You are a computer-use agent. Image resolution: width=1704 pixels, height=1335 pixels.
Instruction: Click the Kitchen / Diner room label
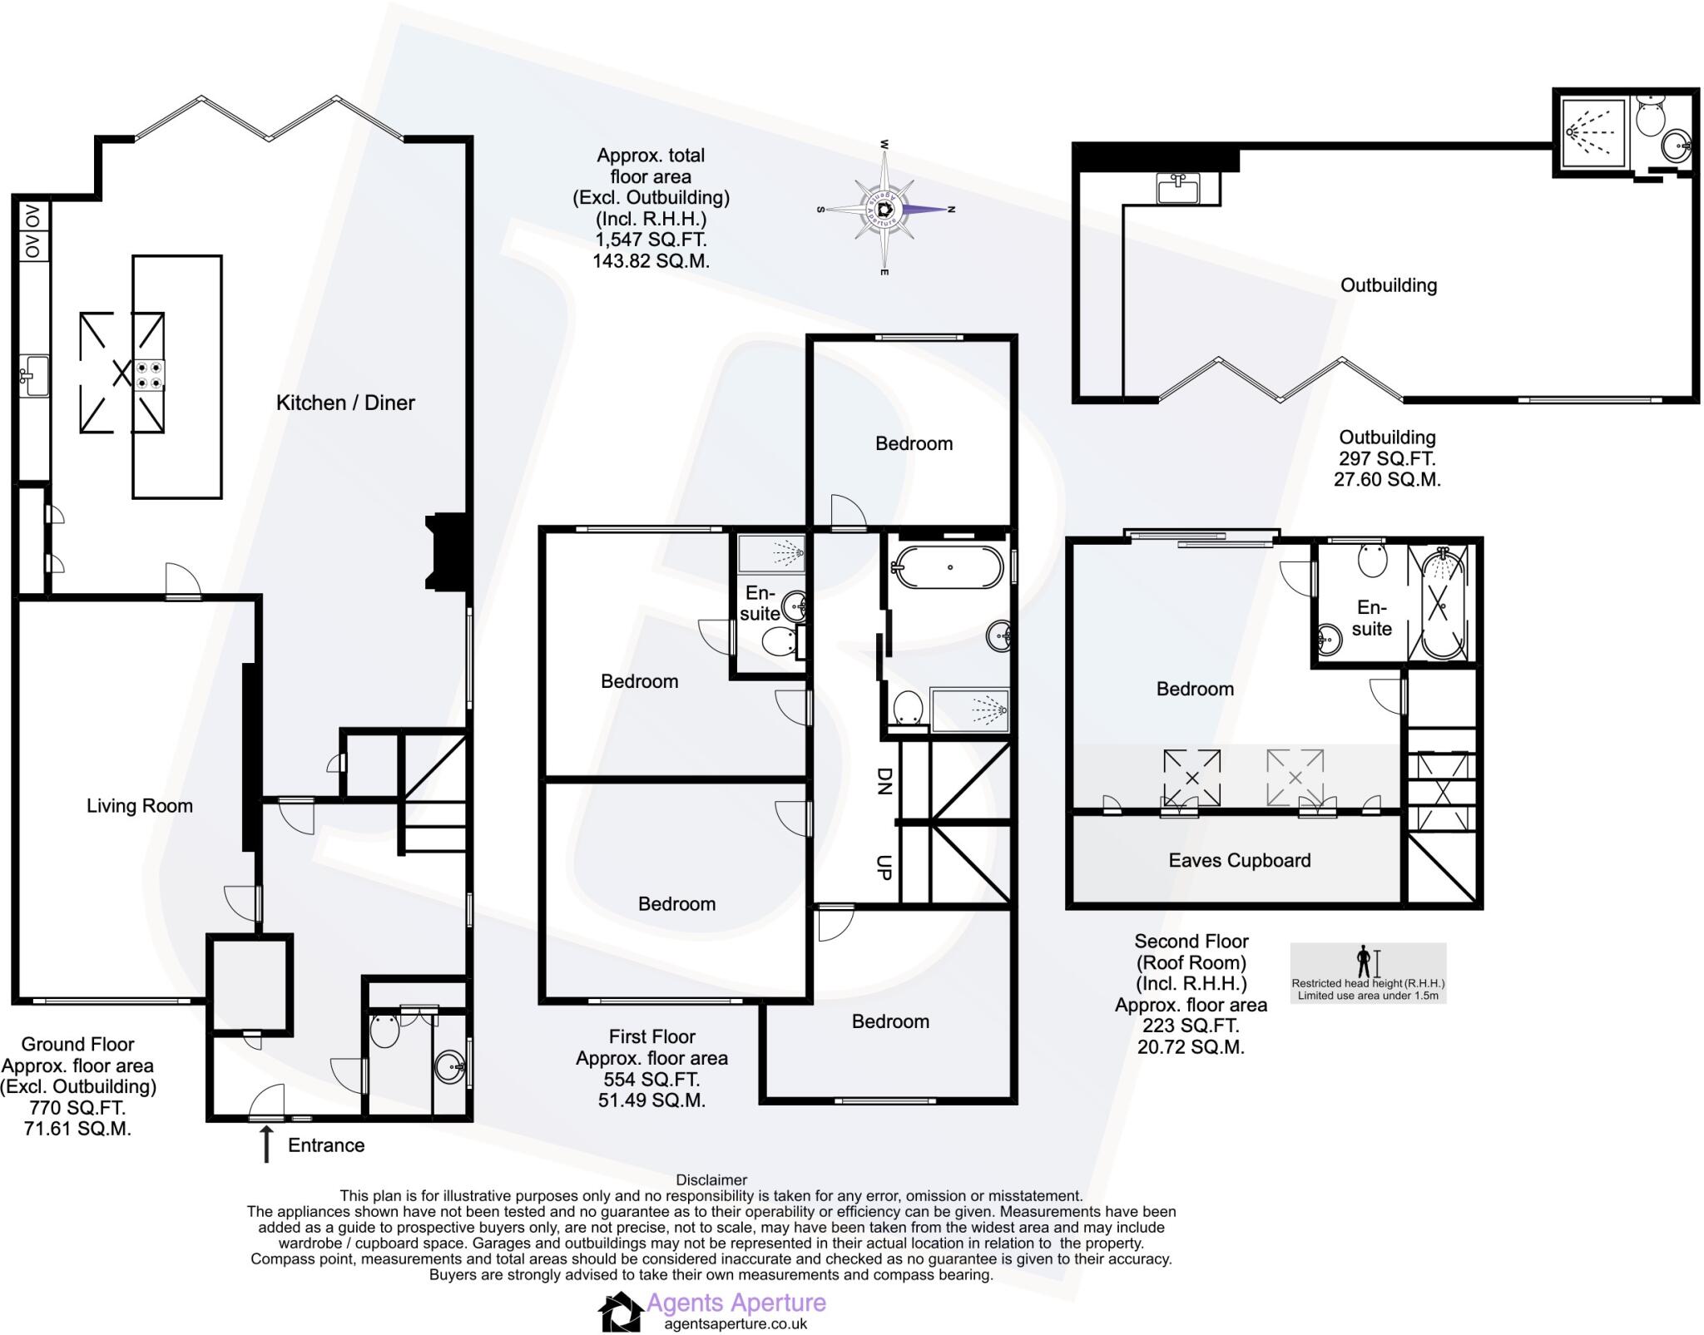point(345,403)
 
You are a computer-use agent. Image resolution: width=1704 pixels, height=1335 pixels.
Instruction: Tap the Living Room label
point(140,805)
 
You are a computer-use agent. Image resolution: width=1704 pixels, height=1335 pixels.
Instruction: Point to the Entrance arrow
point(266,1144)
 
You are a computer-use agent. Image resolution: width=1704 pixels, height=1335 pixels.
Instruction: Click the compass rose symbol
point(885,209)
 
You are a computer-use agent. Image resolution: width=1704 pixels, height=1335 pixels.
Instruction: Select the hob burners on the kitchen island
point(151,373)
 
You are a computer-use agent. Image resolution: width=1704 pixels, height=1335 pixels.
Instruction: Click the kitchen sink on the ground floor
point(34,375)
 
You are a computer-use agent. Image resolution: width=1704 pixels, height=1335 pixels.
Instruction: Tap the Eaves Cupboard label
point(1239,860)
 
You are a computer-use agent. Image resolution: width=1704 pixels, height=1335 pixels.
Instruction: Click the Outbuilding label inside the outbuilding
point(1388,285)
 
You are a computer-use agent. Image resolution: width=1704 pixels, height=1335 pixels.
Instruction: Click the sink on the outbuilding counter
point(1177,187)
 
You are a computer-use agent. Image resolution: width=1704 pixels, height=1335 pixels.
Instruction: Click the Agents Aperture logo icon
point(621,1312)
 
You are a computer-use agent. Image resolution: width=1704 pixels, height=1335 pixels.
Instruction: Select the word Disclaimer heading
point(711,1179)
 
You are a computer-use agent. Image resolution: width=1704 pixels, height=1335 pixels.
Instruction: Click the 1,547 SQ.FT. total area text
point(651,240)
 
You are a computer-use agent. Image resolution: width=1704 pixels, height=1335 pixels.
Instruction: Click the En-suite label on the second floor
point(1371,618)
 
